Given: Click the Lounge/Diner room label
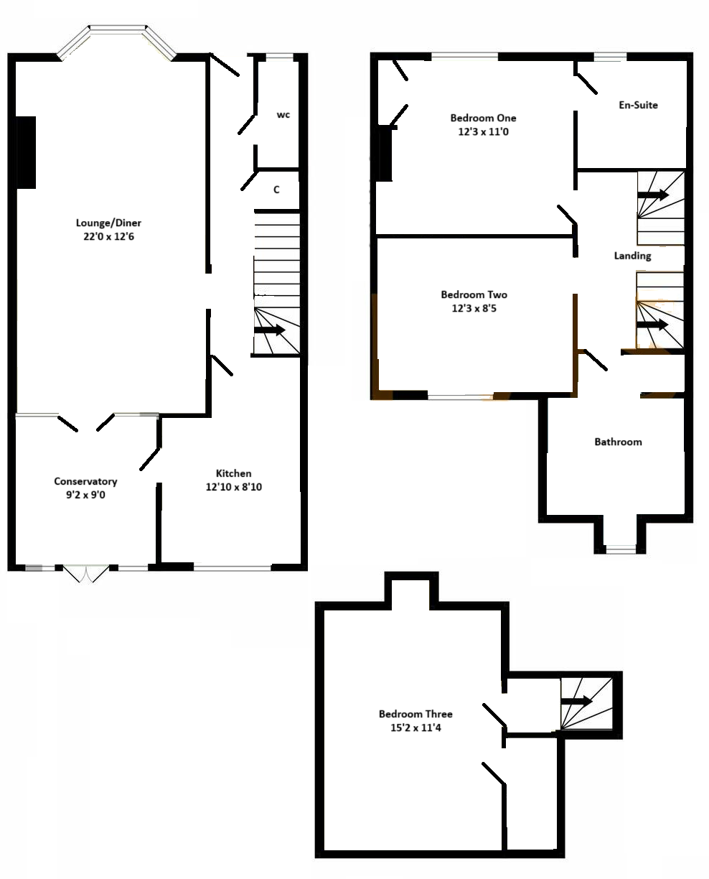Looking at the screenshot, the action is click(108, 223).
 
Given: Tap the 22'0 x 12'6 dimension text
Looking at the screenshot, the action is click(108, 236).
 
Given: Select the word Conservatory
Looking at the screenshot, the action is click(85, 481).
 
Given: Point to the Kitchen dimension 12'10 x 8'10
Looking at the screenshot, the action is click(234, 487).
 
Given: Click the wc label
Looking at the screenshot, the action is click(283, 115).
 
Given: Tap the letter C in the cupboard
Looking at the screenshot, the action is click(276, 190).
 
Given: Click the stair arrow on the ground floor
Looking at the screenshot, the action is click(269, 330).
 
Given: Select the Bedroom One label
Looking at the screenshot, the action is click(483, 118).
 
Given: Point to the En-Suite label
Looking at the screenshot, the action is click(638, 105).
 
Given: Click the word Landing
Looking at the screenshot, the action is click(632, 256).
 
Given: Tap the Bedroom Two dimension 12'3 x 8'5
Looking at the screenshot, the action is click(474, 308).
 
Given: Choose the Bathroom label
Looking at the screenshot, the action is click(618, 442).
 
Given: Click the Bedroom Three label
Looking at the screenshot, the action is click(415, 714).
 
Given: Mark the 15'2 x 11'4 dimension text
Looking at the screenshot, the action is click(415, 727).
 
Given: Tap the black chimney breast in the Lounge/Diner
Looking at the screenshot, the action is click(26, 152).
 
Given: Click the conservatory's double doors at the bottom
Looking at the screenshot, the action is click(86, 573).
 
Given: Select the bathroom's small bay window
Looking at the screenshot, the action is click(621, 549).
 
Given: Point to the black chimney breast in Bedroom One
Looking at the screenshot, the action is click(384, 153).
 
